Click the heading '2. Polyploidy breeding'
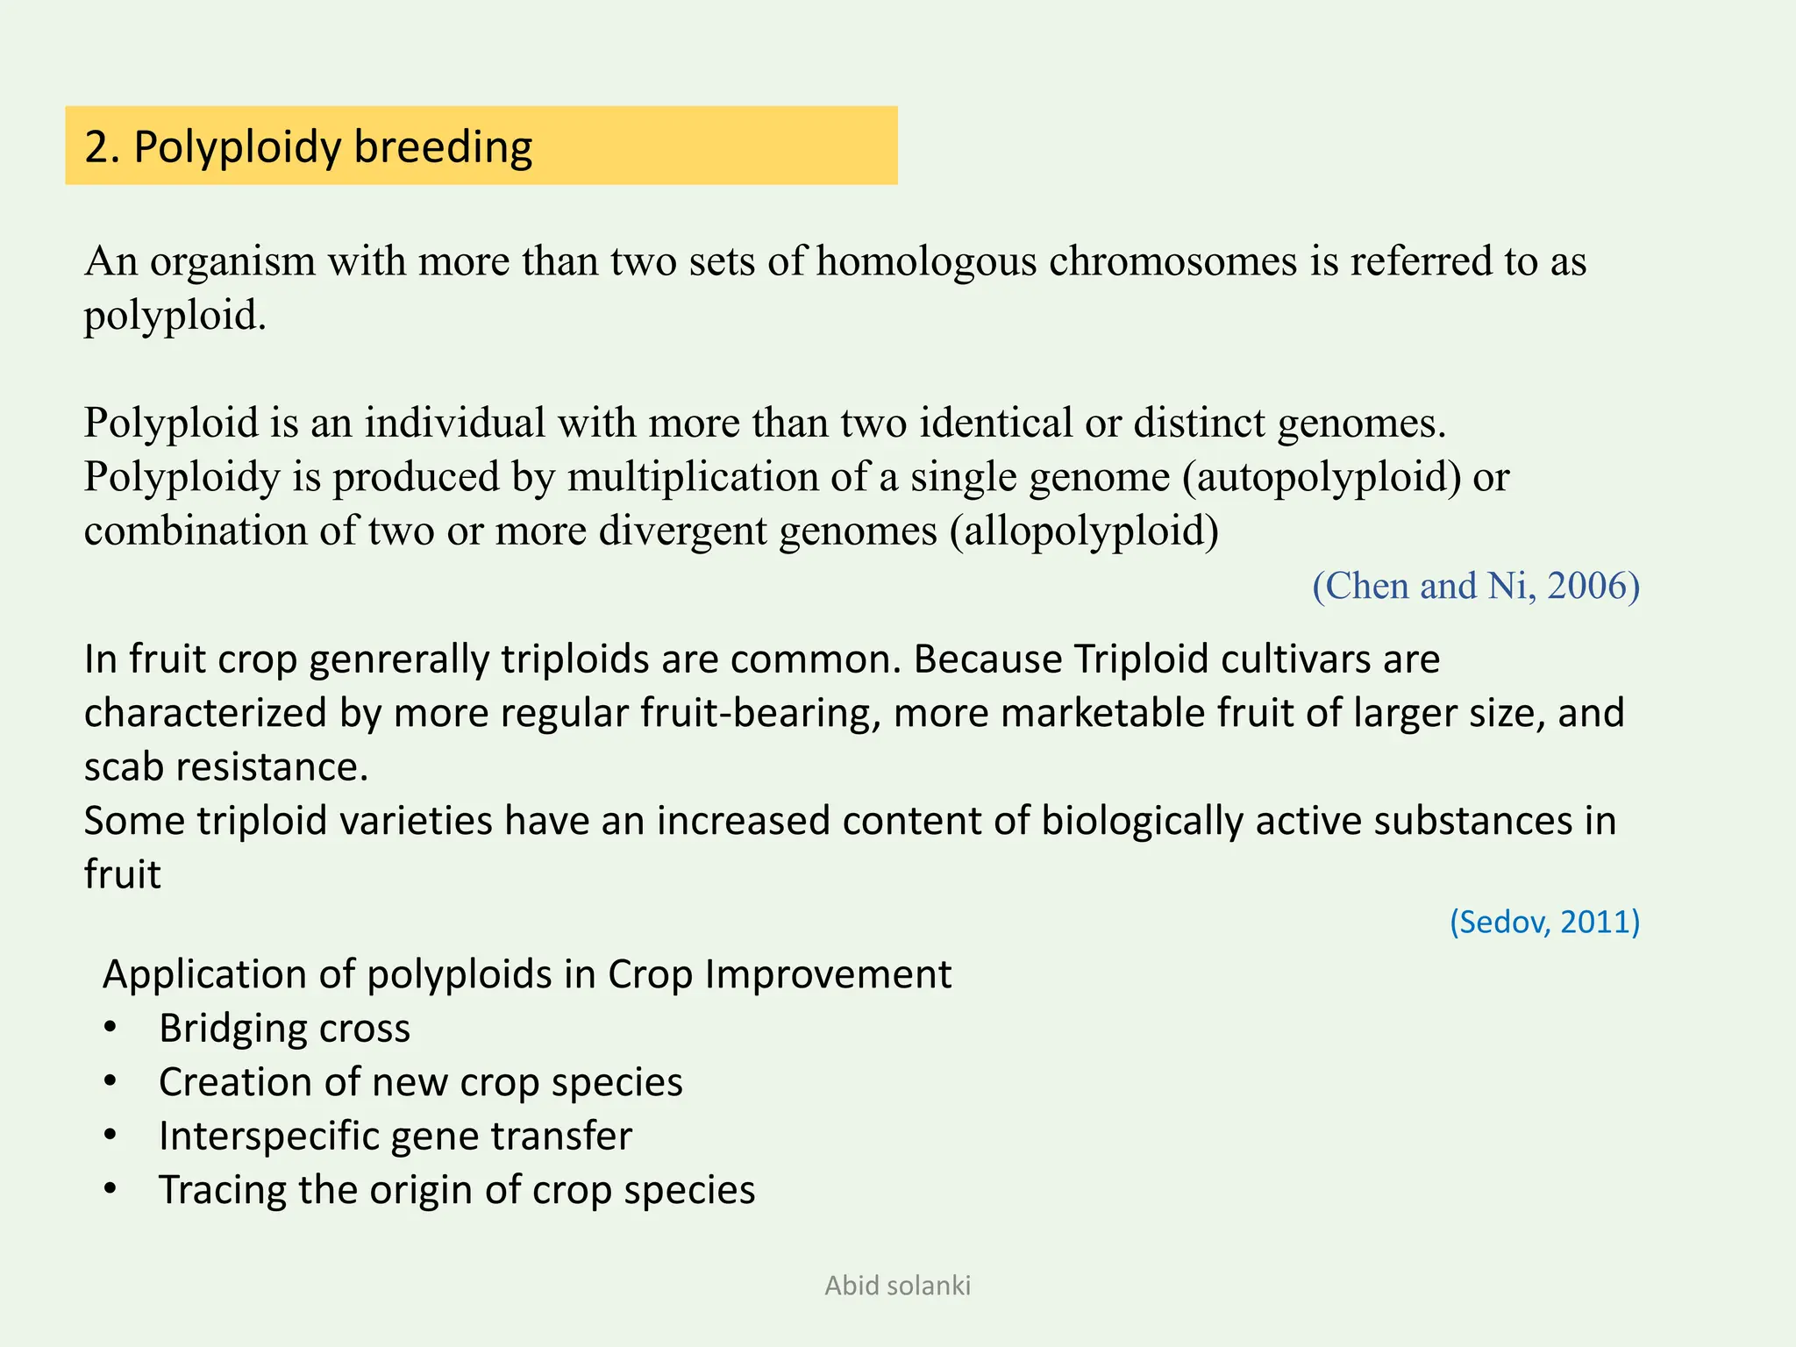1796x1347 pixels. click(309, 147)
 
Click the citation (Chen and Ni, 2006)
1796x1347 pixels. click(1475, 586)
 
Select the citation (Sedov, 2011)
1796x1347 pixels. click(1543, 922)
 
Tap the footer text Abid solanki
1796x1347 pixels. click(897, 1286)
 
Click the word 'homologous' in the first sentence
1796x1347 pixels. click(926, 261)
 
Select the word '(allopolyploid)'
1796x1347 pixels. click(1084, 531)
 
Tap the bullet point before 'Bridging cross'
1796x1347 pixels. click(110, 1028)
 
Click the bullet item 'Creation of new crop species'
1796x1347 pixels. click(420, 1082)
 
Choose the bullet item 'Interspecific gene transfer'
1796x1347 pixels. click(395, 1137)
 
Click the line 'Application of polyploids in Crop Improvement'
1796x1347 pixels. click(526, 974)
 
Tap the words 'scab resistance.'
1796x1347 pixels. click(226, 767)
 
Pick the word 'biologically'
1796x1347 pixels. click(1142, 822)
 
